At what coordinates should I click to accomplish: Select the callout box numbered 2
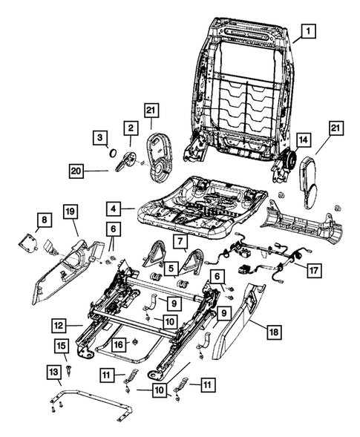coord(129,128)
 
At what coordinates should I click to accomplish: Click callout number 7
coord(180,243)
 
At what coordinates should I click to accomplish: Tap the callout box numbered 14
coord(302,139)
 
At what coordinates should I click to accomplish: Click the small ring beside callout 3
coord(112,153)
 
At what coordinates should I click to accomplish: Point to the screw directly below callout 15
coord(69,366)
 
